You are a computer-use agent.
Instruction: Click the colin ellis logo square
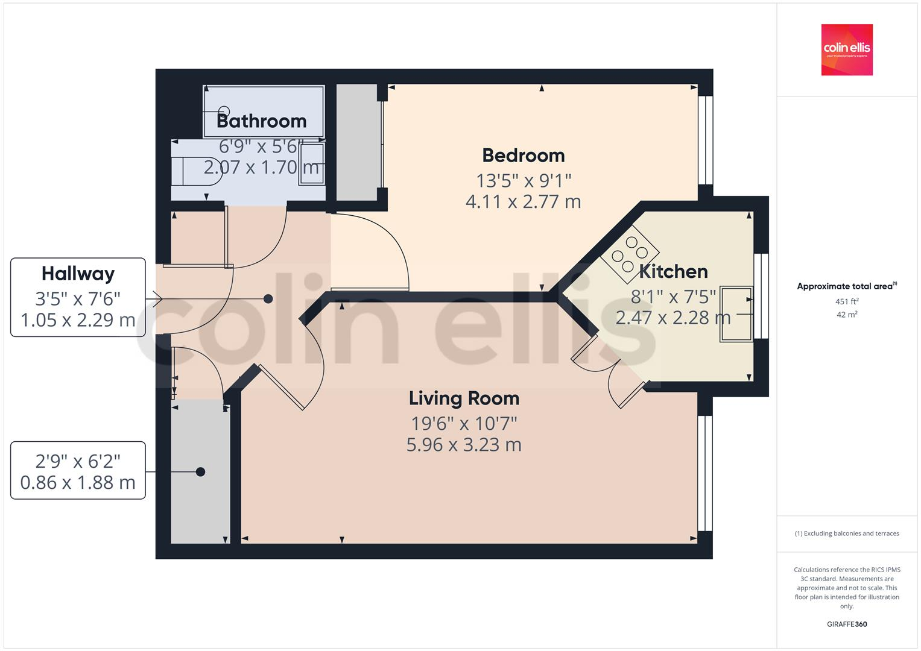846,49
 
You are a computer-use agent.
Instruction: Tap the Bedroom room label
524,156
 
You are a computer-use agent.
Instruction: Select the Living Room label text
464,398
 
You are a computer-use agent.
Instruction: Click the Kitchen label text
673,272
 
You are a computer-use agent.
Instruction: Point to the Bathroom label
261,121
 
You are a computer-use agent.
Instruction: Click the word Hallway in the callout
78,274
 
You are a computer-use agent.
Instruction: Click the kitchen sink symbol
736,314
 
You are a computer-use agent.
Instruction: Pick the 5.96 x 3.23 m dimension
464,445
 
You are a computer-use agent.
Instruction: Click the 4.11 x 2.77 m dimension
523,201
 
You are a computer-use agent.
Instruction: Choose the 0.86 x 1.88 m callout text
78,483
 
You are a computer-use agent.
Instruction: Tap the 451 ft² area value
846,301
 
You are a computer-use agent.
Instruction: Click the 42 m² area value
846,315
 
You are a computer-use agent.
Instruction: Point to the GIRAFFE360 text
846,624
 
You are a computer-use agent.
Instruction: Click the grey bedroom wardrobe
359,143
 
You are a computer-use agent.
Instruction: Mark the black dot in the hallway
268,299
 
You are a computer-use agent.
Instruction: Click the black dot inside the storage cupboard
201,472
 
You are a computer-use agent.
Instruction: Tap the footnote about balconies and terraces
846,533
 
